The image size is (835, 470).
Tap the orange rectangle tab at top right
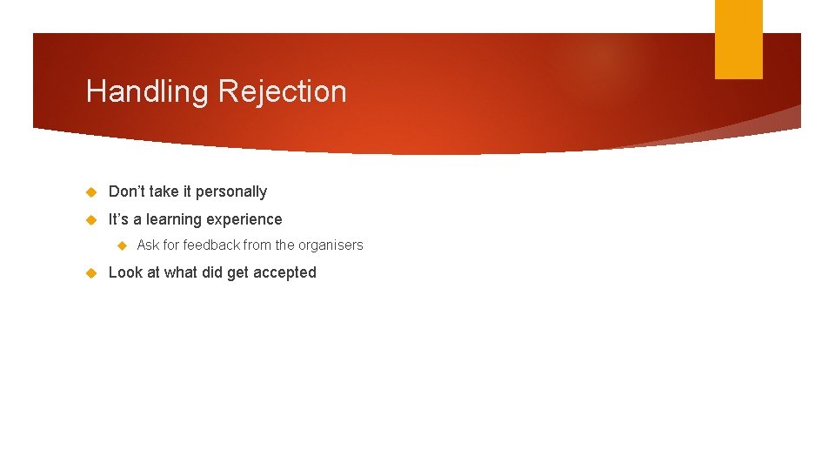coord(738,39)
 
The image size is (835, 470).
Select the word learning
coord(173,219)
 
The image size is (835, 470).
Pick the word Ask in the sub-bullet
coord(148,245)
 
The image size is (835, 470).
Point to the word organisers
coord(331,245)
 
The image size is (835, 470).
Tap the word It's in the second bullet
coord(118,219)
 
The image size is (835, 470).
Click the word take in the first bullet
coord(164,191)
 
